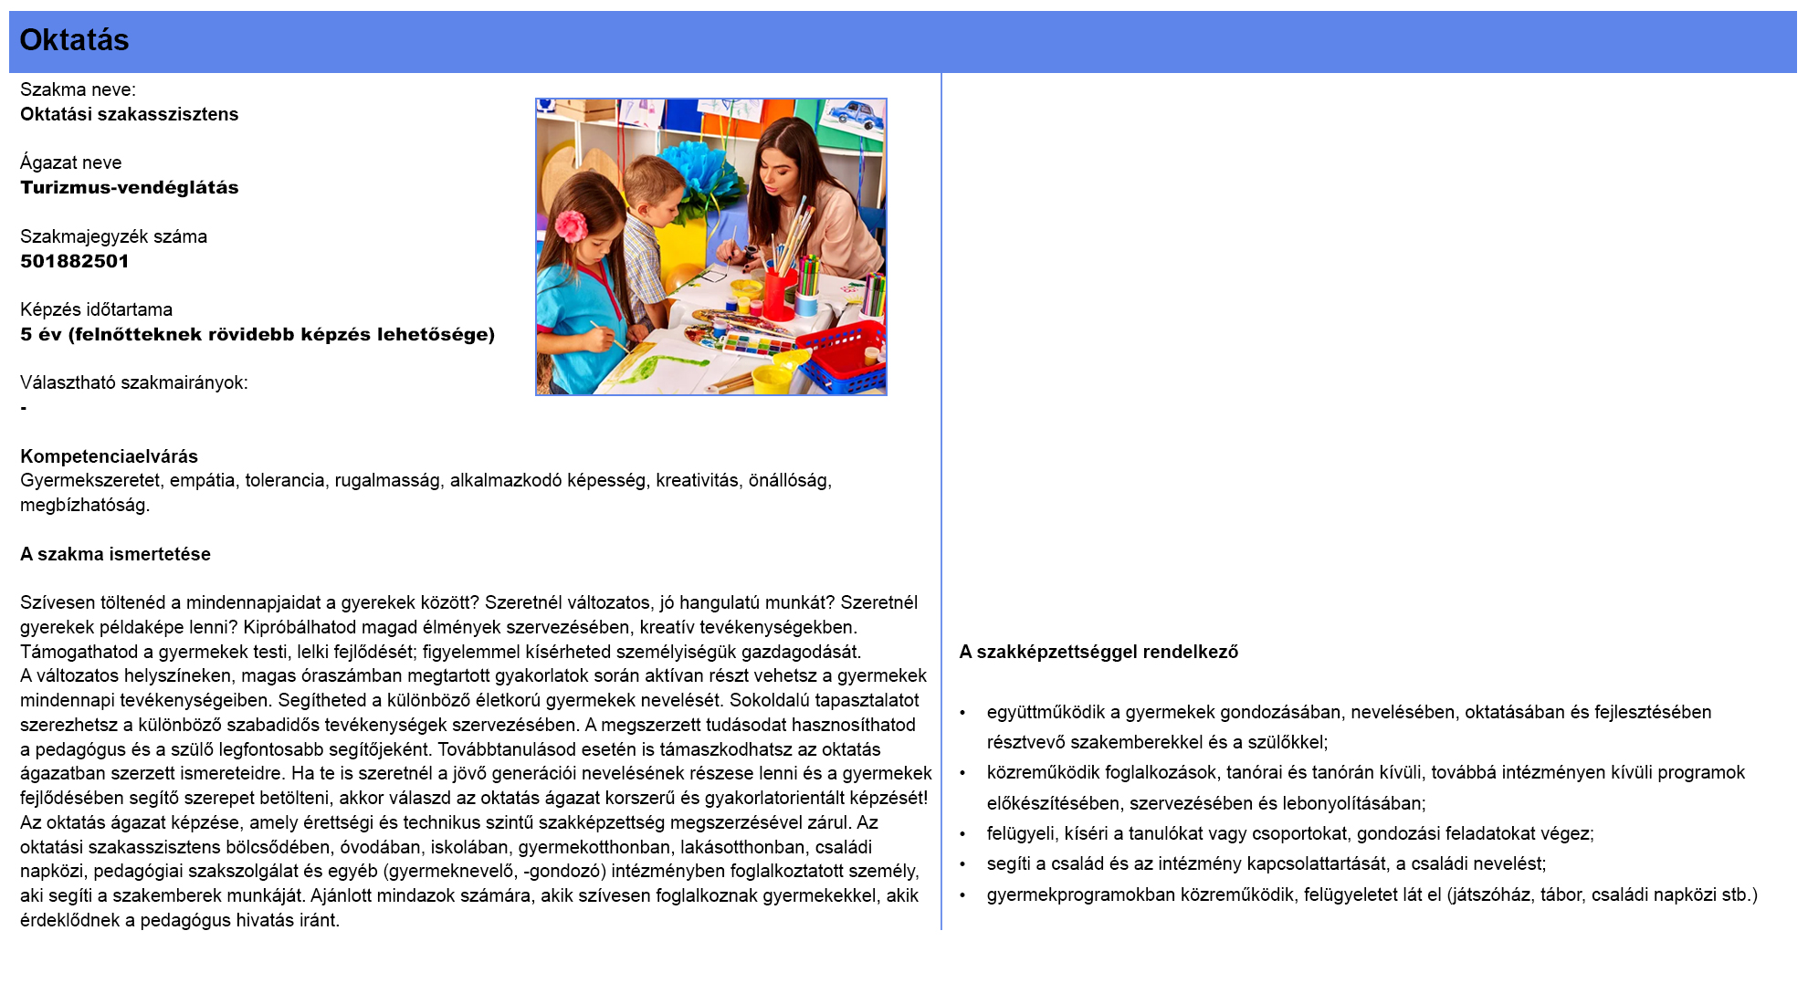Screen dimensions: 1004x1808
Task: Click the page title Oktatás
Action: pos(74,40)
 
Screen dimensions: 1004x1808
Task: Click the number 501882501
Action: pos(75,261)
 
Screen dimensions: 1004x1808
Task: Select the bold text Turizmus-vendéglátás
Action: pos(130,187)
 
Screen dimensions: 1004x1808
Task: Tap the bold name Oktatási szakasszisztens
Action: pos(130,114)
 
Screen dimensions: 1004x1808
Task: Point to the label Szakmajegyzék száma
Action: pos(113,236)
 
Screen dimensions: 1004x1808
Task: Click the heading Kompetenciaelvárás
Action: pos(109,456)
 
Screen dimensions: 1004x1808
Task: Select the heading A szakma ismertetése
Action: pos(115,554)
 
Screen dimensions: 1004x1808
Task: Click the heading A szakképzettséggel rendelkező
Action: pos(1098,652)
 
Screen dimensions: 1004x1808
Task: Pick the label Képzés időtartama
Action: pos(96,309)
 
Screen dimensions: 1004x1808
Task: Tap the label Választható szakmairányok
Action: pos(133,382)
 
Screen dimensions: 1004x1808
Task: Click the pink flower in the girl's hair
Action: pos(571,225)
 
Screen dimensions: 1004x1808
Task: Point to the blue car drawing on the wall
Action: pos(856,115)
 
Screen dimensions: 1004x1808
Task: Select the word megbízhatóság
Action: pos(84,505)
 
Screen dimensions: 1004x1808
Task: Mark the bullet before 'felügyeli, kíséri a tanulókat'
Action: pos(962,834)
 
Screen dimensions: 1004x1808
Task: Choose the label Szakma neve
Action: pos(78,89)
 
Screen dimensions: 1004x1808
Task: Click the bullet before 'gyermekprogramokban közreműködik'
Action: pos(962,895)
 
